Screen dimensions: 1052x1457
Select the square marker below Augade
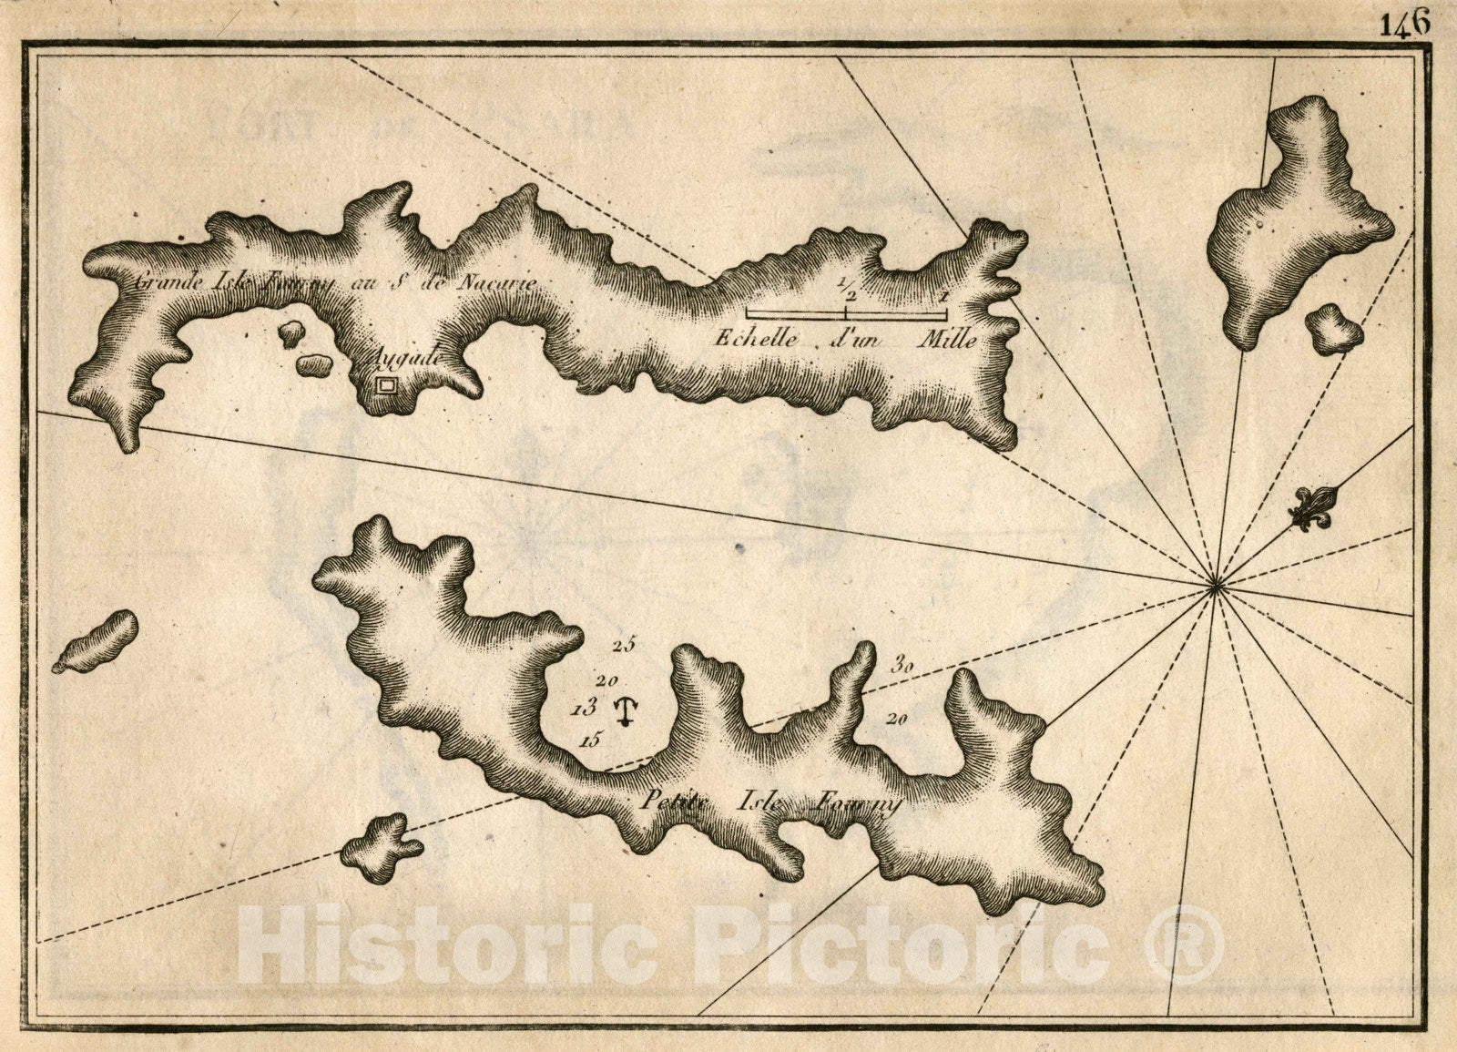386,385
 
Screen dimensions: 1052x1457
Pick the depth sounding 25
624,646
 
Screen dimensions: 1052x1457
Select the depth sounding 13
584,706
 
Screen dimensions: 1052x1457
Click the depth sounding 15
590,740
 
